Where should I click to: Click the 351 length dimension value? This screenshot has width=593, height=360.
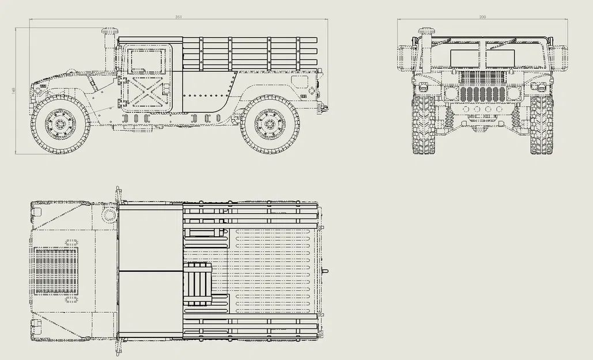pos(179,17)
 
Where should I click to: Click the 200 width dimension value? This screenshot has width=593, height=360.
pos(482,17)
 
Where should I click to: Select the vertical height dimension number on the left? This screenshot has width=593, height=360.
pos(13,90)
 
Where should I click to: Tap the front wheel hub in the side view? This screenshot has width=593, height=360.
pos(60,124)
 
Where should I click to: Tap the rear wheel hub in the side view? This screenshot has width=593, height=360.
pos(269,124)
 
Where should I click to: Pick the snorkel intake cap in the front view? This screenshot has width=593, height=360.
pos(426,31)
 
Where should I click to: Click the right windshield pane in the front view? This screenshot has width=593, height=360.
pos(500,58)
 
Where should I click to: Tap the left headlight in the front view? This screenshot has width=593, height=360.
pos(451,93)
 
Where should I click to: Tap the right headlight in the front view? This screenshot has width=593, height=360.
pos(513,93)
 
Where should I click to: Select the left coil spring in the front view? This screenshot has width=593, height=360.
pos(449,119)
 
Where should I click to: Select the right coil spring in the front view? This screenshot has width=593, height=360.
pos(515,119)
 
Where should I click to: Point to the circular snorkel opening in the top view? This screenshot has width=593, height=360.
pos(109,215)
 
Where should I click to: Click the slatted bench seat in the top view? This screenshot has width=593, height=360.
pos(198,283)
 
